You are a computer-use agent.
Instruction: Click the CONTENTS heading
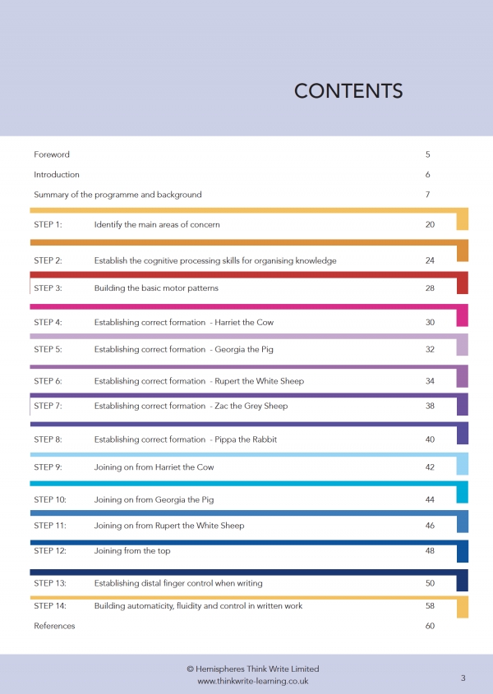point(348,91)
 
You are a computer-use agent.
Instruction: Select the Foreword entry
point(52,154)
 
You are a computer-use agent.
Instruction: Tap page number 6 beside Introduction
point(428,174)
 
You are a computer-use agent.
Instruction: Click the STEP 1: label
point(48,224)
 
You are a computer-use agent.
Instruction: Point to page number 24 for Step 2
point(430,260)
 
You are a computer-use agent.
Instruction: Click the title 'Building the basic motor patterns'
point(156,288)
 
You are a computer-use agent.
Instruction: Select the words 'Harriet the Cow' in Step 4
point(244,322)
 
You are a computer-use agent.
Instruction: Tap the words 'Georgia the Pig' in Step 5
point(244,350)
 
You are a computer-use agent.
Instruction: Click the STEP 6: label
point(48,381)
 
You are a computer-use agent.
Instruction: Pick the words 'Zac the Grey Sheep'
point(251,406)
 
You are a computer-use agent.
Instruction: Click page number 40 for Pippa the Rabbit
point(430,439)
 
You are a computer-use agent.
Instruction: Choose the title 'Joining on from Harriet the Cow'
point(154,467)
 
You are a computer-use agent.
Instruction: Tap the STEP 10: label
point(50,499)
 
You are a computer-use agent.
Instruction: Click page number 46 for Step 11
point(430,526)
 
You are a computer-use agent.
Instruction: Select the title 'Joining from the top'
point(132,551)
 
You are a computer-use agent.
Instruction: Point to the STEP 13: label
point(50,583)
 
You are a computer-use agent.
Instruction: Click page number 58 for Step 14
point(430,606)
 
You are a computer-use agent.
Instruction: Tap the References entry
point(54,626)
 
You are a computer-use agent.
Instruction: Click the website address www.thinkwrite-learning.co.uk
point(253,681)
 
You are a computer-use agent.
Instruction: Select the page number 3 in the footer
point(463,678)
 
